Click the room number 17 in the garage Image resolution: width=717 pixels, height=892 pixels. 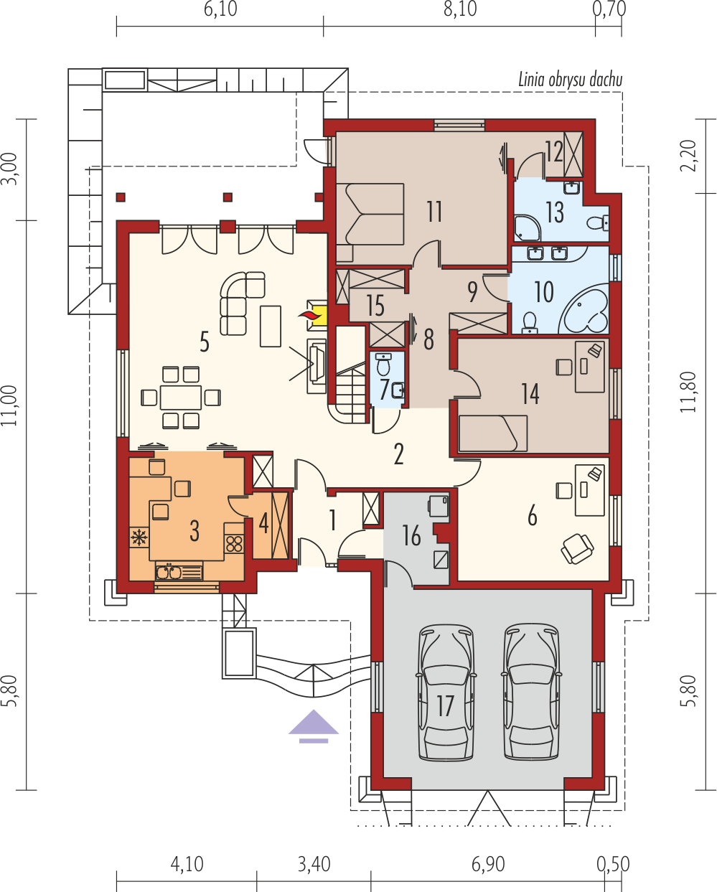click(x=445, y=705)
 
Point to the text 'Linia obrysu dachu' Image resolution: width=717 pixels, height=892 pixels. click(x=570, y=80)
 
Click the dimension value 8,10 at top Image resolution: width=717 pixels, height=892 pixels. click(x=459, y=10)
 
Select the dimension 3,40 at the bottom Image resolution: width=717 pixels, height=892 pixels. click(x=314, y=863)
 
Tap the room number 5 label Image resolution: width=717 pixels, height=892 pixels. click(x=205, y=342)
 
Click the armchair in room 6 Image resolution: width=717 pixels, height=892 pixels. click(x=577, y=549)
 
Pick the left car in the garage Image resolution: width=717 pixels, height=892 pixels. click(x=446, y=692)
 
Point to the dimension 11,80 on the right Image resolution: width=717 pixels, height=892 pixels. click(x=689, y=391)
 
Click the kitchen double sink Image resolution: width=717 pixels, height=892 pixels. click(x=169, y=572)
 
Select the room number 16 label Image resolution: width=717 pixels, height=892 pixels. click(x=411, y=535)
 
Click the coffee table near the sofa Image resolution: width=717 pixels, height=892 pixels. click(x=271, y=326)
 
